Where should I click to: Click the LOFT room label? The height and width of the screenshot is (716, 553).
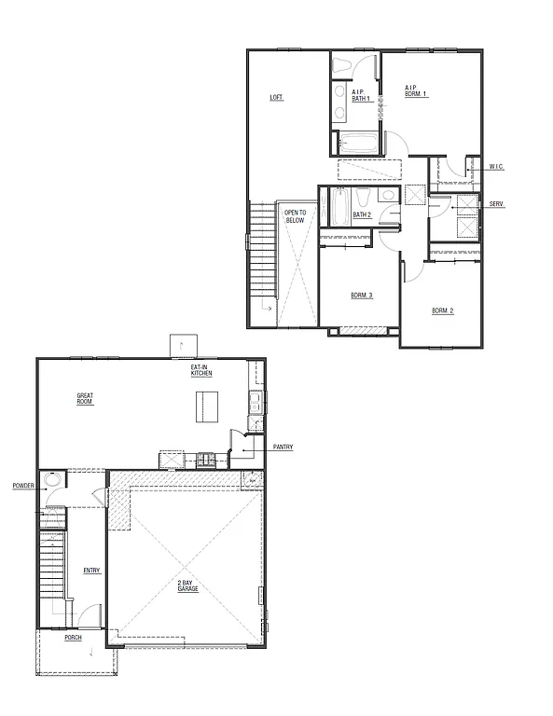click(276, 97)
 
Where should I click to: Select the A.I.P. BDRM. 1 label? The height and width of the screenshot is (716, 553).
click(415, 91)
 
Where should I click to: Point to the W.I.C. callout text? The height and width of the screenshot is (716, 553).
click(496, 167)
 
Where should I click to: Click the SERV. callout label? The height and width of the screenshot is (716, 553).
click(495, 203)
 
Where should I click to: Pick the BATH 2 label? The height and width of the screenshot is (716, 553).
click(362, 215)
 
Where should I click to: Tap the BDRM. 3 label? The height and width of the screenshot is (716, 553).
click(362, 296)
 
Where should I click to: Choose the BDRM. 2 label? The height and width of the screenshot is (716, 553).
click(442, 310)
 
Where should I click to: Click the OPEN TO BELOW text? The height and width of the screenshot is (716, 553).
click(295, 216)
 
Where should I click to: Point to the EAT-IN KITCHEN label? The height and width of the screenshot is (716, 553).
click(201, 370)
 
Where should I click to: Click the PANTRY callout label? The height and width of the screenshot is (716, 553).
click(283, 447)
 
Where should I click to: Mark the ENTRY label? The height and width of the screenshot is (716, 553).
click(91, 571)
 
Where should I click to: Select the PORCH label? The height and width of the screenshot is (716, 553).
click(73, 639)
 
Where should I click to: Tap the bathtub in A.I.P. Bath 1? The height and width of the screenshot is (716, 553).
click(358, 144)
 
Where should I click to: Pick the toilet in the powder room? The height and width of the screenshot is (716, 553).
click(53, 481)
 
